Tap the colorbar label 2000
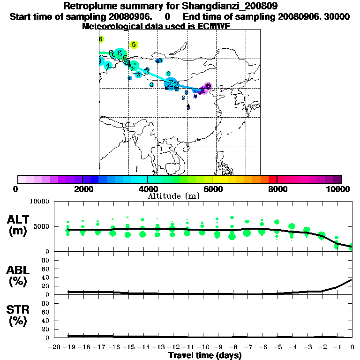(x=82, y=189)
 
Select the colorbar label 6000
(x=212, y=189)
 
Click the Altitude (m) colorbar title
(x=174, y=196)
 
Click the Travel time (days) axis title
(x=205, y=355)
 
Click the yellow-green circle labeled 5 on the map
(x=134, y=45)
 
